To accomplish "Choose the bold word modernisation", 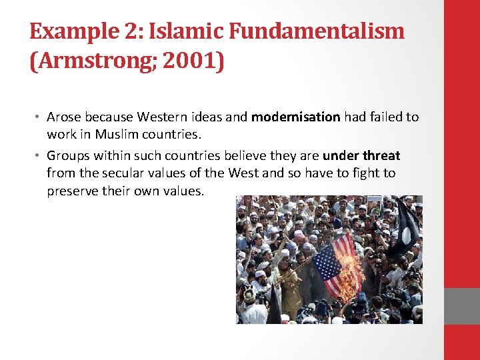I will click(295, 117).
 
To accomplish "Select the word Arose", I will click(63, 117).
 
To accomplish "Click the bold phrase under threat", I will click(361, 156).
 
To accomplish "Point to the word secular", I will click(123, 173).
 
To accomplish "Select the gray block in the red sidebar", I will click(462, 306).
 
